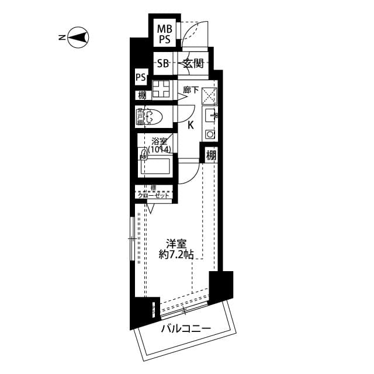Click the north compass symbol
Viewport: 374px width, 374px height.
point(78,38)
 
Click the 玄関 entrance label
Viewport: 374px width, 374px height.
point(193,64)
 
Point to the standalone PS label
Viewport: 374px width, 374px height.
point(141,77)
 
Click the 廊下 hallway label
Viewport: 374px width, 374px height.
point(191,90)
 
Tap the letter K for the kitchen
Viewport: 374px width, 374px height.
point(191,124)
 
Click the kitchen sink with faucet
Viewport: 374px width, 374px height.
point(210,115)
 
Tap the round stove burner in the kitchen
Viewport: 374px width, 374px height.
point(210,134)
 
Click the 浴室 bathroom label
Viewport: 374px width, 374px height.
point(159,141)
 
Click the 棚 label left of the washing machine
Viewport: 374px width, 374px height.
point(142,95)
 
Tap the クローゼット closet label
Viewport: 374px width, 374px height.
point(154,195)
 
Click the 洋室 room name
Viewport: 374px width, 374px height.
point(176,243)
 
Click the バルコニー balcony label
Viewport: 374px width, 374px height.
point(185,329)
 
